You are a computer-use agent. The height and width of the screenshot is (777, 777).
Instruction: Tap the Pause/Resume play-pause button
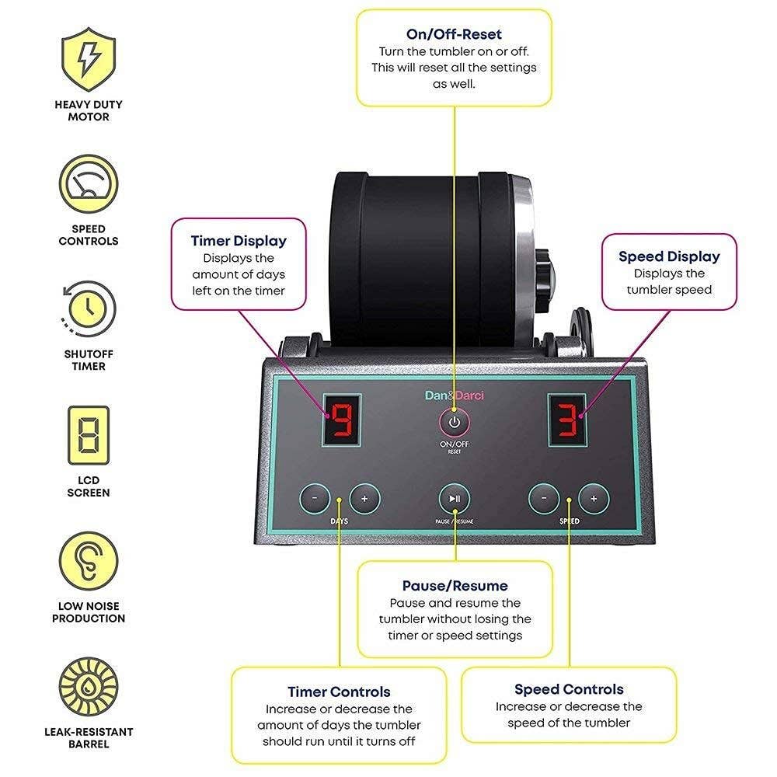tap(455, 499)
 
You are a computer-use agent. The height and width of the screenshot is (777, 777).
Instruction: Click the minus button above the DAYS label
tap(315, 497)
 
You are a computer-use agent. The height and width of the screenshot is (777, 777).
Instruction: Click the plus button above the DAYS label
tap(364, 497)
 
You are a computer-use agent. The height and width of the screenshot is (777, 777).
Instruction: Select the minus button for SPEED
tap(544, 498)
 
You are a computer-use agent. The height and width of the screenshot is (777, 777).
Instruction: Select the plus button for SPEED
tap(594, 498)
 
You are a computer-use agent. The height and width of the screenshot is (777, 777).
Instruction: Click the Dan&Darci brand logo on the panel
tap(455, 395)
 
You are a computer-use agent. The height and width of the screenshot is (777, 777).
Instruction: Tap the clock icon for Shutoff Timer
tap(89, 308)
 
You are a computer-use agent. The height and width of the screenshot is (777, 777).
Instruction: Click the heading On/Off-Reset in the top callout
tap(454, 34)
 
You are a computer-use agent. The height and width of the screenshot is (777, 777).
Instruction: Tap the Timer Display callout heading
tap(239, 241)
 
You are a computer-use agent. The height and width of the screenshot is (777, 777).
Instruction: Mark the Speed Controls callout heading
tap(569, 689)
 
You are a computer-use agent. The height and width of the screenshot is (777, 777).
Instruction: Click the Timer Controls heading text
tap(339, 692)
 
